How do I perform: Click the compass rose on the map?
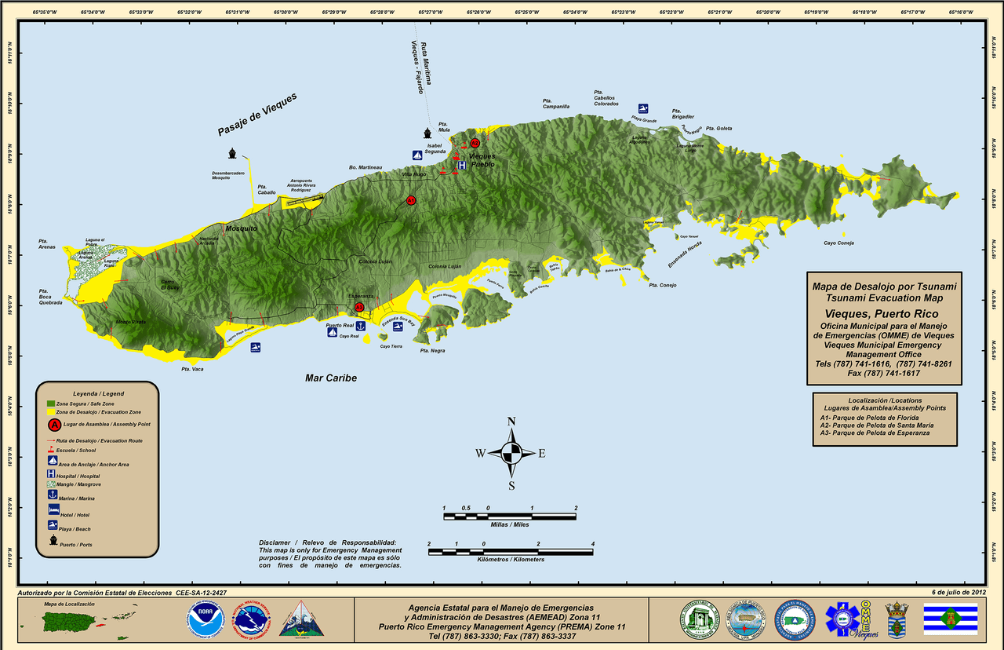(x=511, y=453)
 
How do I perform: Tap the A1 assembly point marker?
(x=410, y=201)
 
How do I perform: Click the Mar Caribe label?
(x=331, y=378)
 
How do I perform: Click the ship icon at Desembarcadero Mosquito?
(x=232, y=153)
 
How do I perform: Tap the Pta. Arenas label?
(x=47, y=244)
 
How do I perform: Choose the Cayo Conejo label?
(x=838, y=243)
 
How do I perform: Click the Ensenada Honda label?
(x=685, y=253)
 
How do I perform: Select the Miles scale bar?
(x=510, y=516)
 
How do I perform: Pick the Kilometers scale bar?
(x=511, y=552)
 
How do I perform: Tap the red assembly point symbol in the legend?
(x=54, y=425)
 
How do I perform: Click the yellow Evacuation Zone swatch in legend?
(x=51, y=411)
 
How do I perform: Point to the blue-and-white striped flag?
(x=950, y=619)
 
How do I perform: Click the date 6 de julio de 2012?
(x=958, y=592)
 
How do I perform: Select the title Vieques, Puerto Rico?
(x=882, y=314)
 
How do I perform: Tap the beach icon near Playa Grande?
(x=643, y=108)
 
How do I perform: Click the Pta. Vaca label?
(x=192, y=369)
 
